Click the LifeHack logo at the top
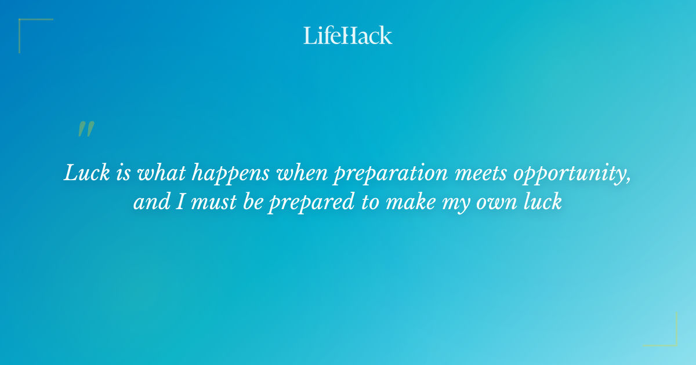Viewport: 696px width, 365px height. tap(348, 35)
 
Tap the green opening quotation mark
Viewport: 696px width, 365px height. tap(86, 129)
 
